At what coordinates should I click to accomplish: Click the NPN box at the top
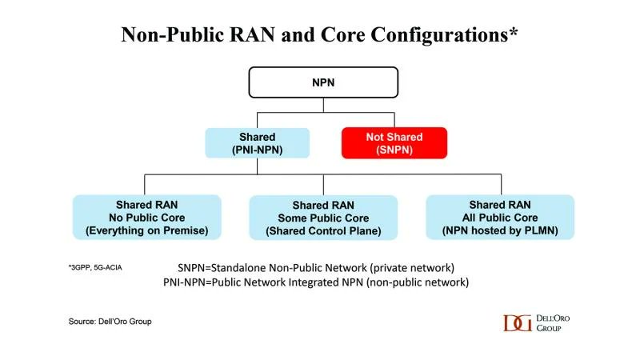tap(323, 82)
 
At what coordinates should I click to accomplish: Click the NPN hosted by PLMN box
tap(499, 218)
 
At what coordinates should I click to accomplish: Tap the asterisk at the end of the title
tap(514, 32)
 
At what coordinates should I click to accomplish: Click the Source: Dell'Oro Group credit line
tap(110, 321)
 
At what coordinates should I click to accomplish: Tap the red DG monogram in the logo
tap(518, 322)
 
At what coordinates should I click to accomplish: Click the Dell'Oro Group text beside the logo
tap(554, 322)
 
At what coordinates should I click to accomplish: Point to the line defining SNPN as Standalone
tap(322, 267)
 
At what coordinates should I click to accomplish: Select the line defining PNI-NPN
tap(322, 282)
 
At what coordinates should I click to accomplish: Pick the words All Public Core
tap(499, 218)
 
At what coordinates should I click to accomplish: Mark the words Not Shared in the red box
tap(394, 138)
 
